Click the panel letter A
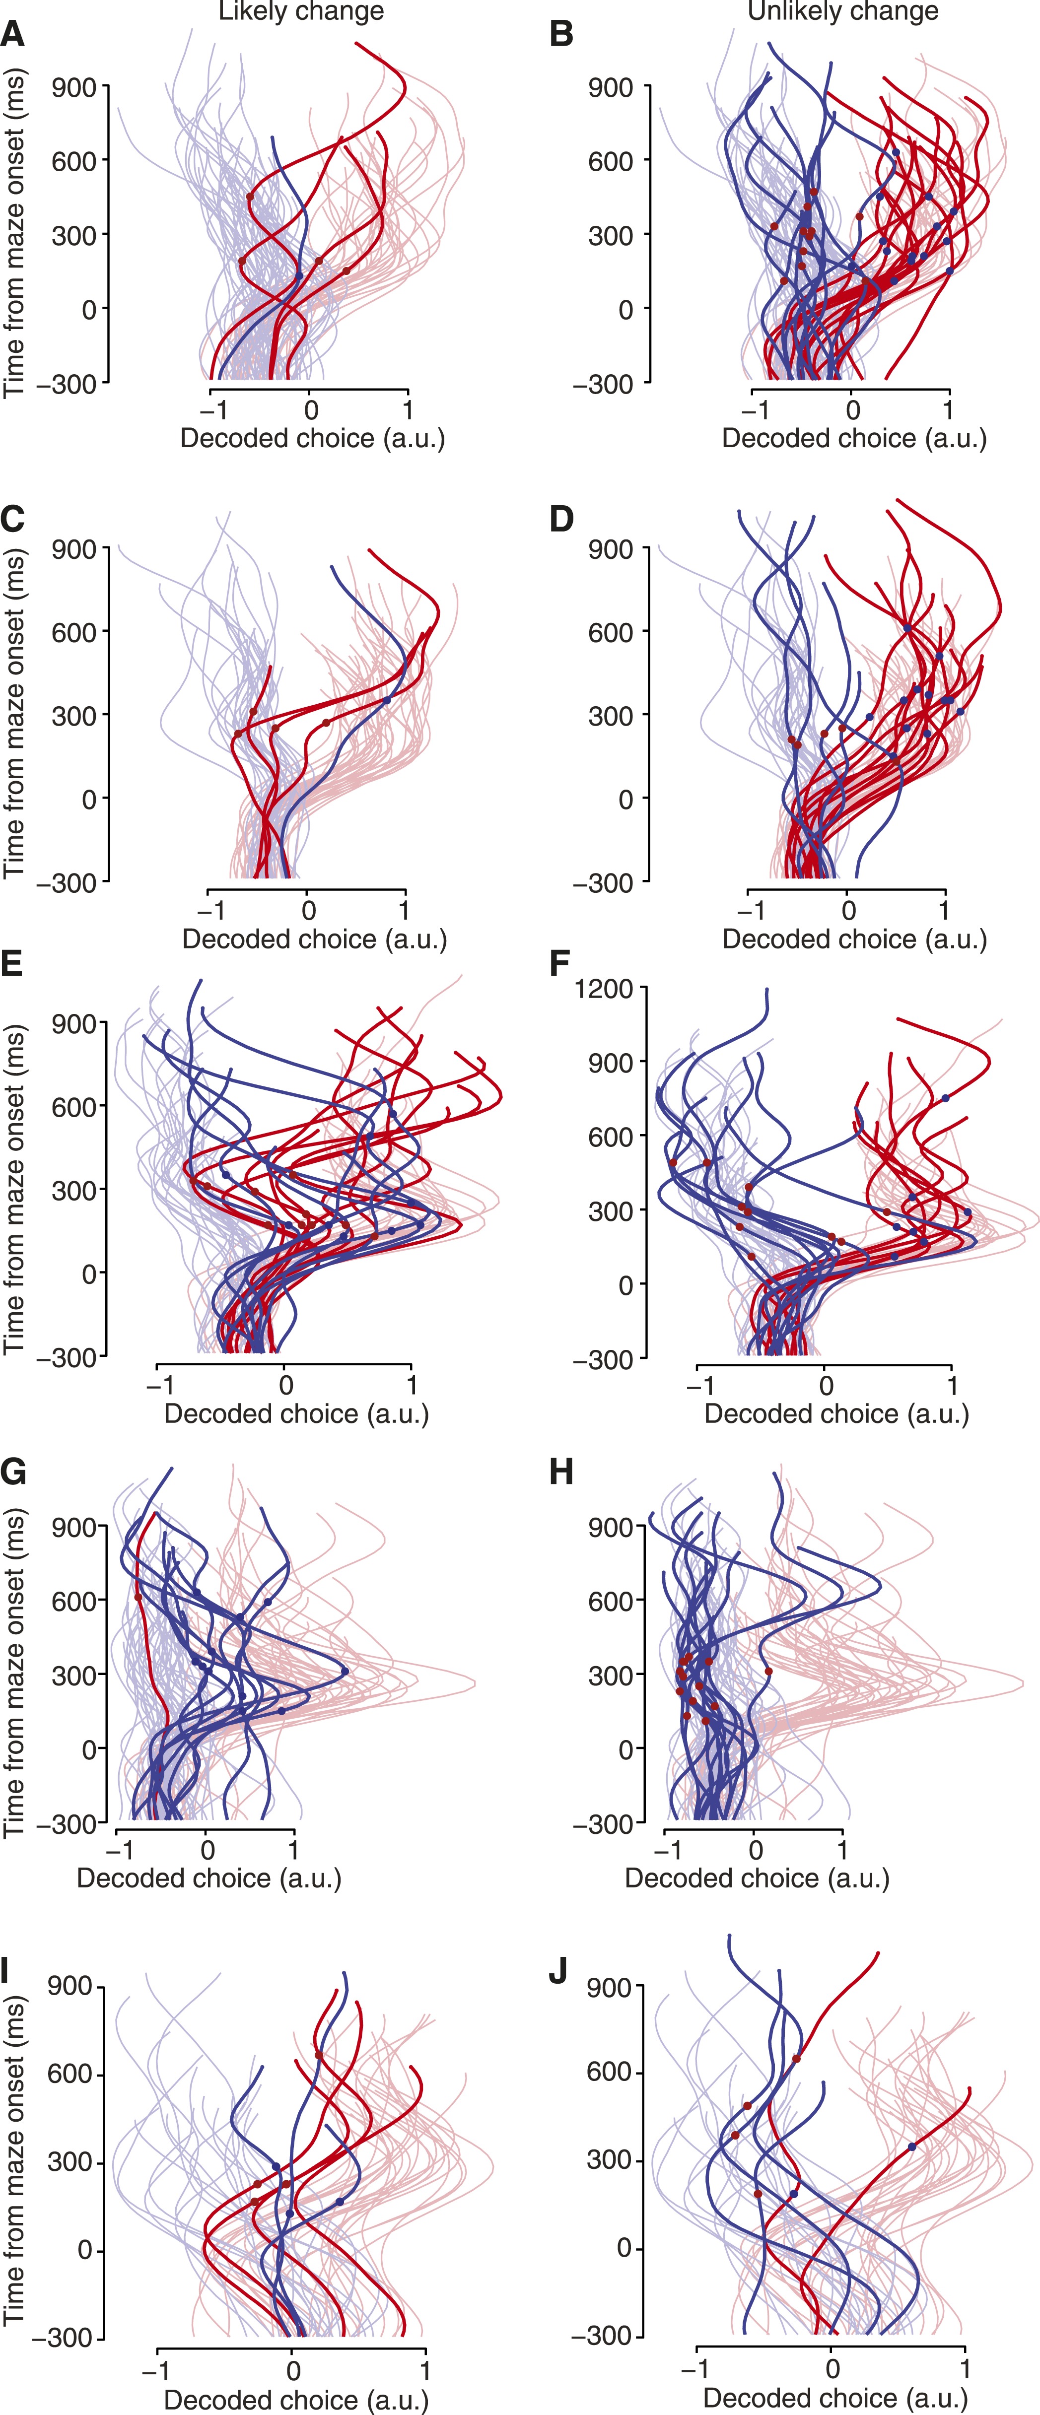tap(12, 35)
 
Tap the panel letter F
tap(560, 963)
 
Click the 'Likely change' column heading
tap(301, 11)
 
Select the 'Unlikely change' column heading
tap(842, 11)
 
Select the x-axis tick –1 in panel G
tap(119, 1850)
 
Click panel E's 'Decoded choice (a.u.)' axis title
tap(296, 1414)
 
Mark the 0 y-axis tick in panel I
tap(84, 2250)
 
